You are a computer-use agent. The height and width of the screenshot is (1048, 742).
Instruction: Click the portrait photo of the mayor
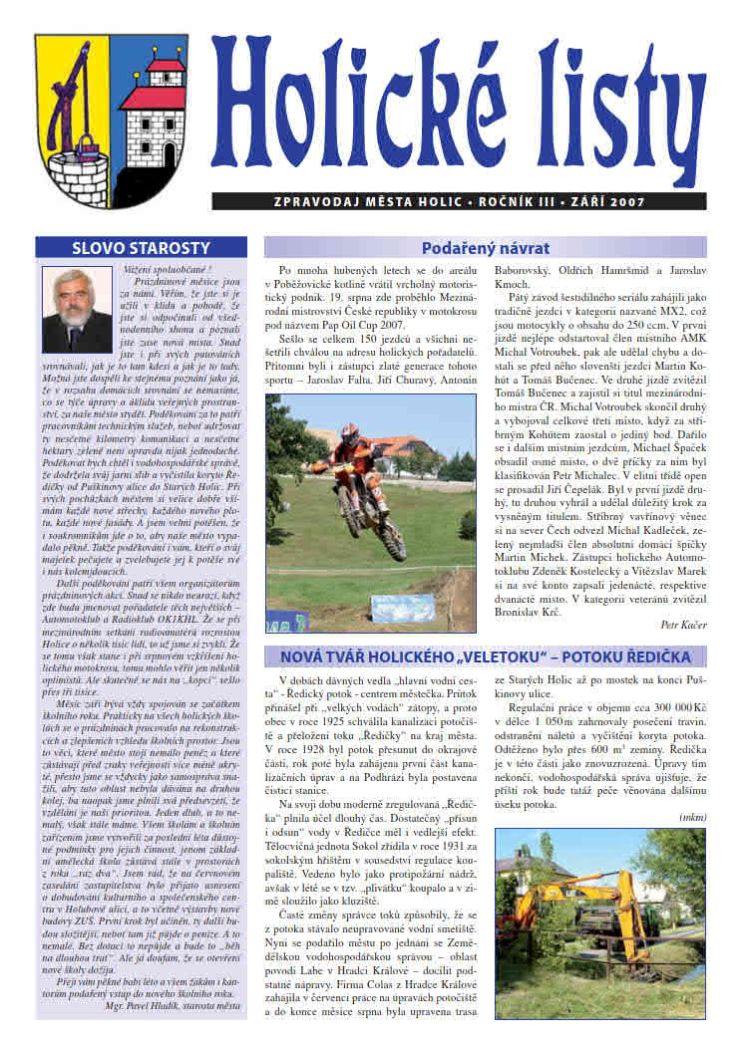click(x=78, y=310)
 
